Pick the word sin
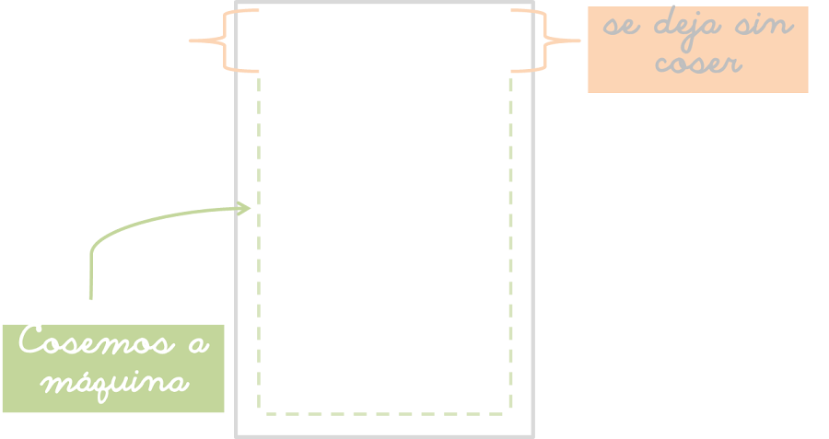coord(764,25)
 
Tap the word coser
coord(698,64)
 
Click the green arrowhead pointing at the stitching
coord(245,208)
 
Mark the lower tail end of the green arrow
coord(90,296)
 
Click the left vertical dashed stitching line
coord(259,239)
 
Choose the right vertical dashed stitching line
coord(511,239)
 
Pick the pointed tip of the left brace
coord(191,40)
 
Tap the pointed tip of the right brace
coord(578,40)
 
